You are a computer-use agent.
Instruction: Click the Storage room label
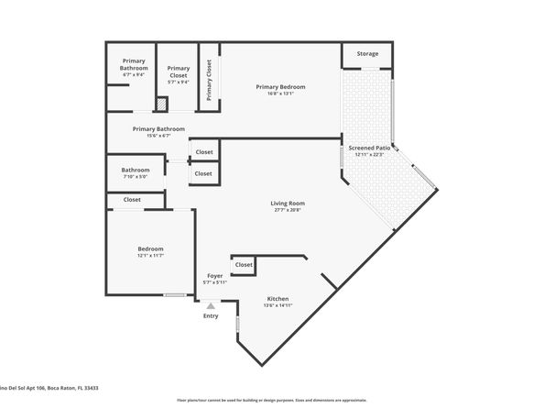pos(367,54)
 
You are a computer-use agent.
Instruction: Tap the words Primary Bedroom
pos(280,86)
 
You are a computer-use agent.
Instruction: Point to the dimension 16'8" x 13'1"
pos(280,94)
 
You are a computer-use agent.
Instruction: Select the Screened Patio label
pos(371,148)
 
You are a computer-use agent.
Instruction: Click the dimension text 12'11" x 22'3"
pos(371,154)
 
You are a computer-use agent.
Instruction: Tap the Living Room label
pos(287,203)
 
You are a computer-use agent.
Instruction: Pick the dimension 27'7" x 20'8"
pos(287,210)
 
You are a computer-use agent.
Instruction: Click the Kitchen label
pos(277,299)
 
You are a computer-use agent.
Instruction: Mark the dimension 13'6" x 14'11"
pos(277,306)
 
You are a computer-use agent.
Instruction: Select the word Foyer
pos(214,275)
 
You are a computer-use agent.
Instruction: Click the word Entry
pos(211,316)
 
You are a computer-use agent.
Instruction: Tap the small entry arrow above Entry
pos(211,306)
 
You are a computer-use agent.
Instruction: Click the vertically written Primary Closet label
pos(209,80)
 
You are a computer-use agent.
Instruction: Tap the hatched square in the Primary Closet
pos(161,105)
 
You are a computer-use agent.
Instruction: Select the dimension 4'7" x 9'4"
pos(134,75)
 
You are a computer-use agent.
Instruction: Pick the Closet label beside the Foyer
pos(244,265)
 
